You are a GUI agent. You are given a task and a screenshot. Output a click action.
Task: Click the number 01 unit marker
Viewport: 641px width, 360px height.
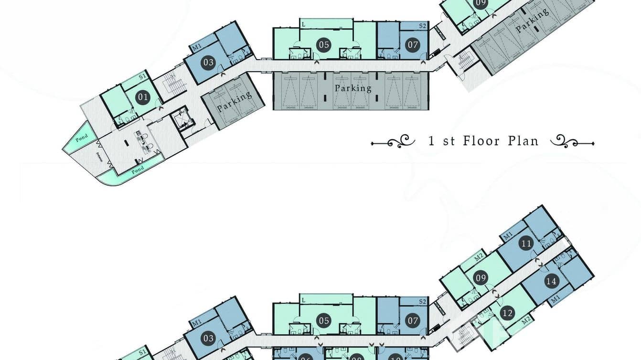coord(142,98)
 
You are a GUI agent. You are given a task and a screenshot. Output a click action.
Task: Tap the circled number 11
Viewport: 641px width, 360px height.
coord(526,244)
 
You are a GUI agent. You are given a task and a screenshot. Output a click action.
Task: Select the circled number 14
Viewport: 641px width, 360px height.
coord(551,281)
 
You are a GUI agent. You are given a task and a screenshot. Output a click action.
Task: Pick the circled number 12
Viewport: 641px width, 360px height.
coord(507,313)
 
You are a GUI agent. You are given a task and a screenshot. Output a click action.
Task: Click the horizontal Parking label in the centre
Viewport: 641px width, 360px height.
coord(353,88)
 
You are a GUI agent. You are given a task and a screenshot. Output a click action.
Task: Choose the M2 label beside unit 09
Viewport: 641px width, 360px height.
coord(479,258)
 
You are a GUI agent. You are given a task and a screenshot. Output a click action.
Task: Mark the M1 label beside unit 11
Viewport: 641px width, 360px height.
coord(507,235)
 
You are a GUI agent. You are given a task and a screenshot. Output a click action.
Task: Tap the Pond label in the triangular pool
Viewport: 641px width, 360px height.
coord(81,138)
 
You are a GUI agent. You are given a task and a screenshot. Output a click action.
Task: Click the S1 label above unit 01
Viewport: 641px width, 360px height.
coord(142,76)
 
